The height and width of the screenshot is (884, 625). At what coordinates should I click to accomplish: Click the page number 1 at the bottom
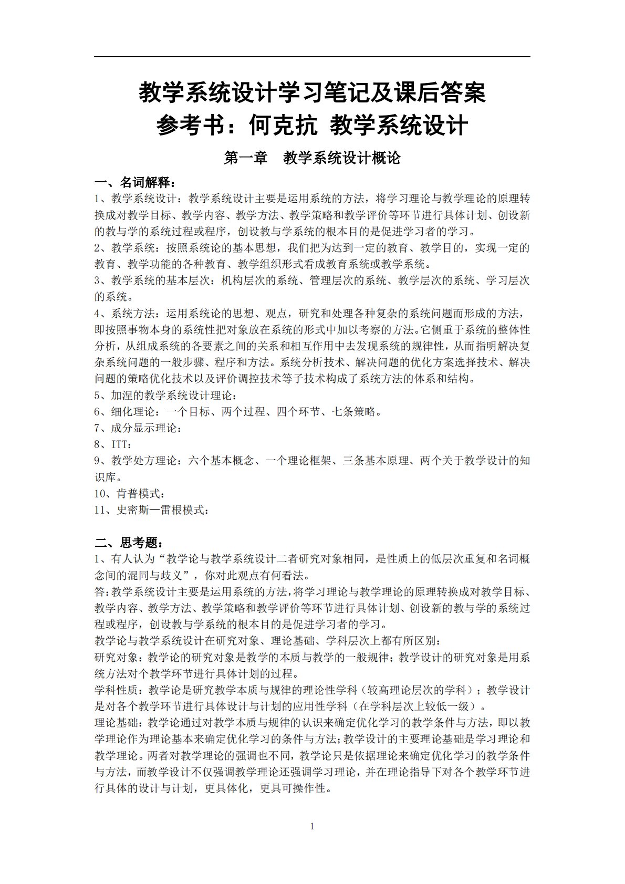[312, 826]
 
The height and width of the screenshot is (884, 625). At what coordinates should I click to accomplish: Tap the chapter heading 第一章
[246, 158]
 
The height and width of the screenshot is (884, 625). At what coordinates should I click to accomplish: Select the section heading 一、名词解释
[134, 182]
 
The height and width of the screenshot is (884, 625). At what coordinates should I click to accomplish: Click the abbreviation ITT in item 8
[119, 444]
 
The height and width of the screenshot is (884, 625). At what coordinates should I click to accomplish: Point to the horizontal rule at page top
[312, 57]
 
